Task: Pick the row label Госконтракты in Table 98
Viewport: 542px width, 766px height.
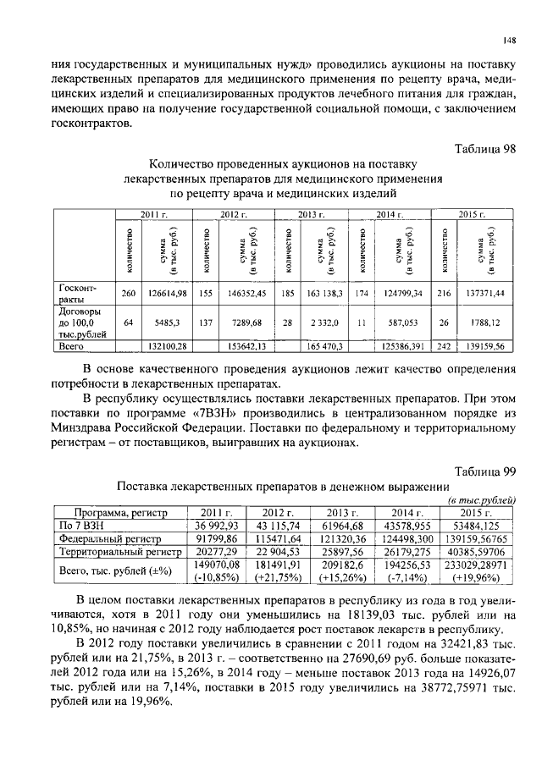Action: tap(78, 293)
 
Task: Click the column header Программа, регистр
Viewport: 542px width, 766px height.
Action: tap(120, 513)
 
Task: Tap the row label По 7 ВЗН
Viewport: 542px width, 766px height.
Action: tap(79, 525)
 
